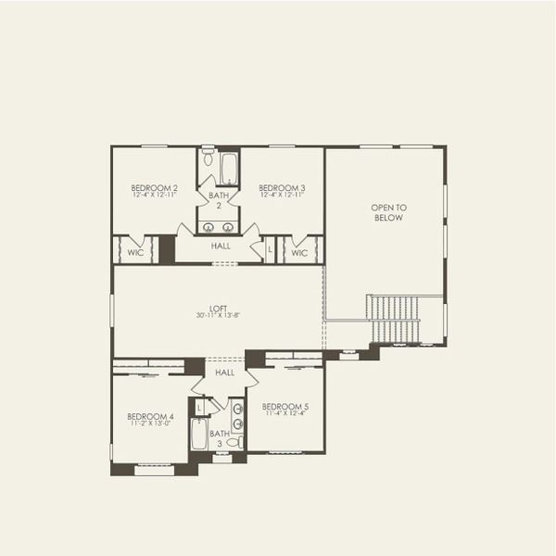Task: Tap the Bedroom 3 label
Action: pos(282,188)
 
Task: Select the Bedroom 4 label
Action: pos(150,416)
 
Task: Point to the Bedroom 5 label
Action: pos(284,406)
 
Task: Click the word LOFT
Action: pos(219,309)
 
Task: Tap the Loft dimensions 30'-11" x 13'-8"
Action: pos(219,316)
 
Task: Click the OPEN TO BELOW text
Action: pos(389,213)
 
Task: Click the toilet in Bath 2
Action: pos(208,159)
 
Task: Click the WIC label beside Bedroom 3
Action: pos(299,252)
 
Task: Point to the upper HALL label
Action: pos(221,246)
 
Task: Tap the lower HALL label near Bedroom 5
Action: pos(225,373)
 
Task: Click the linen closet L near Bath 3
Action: pos(199,407)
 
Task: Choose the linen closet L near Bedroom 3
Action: pos(271,250)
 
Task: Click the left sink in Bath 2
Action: pos(208,227)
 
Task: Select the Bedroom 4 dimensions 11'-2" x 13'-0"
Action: pos(150,424)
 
